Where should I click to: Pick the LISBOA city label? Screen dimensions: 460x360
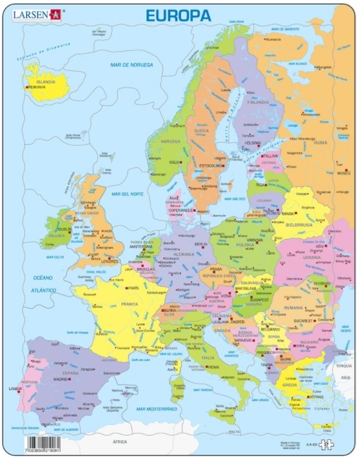tap(15, 388)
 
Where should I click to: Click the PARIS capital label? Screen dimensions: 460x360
tap(134, 288)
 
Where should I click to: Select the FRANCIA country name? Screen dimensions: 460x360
tap(129, 304)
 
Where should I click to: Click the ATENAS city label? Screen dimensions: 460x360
tap(315, 397)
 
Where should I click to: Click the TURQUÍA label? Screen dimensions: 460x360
tap(344, 366)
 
